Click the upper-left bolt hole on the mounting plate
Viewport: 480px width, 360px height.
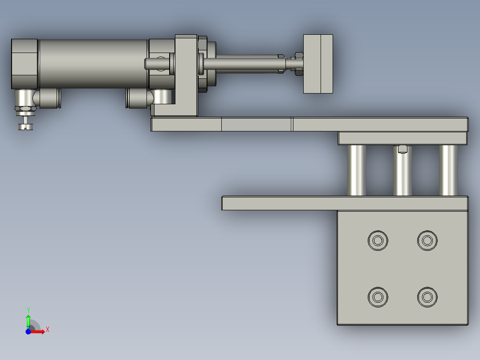378,241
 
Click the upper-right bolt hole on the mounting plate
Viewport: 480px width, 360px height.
427,241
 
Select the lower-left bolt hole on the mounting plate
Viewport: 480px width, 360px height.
378,296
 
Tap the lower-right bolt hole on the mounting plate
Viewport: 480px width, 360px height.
427,296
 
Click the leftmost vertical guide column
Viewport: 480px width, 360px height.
356,170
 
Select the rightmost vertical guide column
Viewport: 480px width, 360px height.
448,170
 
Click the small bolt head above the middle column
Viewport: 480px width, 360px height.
403,148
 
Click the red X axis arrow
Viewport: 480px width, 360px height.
39,331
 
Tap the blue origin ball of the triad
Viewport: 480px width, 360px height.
28,331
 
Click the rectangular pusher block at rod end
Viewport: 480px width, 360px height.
318,64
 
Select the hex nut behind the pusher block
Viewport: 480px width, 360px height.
298,64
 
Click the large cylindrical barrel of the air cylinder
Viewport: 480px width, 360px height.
94,64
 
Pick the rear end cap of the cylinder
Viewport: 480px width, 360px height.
24,64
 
